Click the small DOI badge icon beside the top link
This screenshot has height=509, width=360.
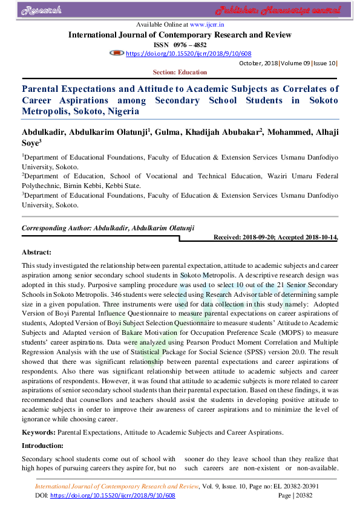click(116, 54)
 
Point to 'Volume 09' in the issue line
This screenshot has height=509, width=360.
click(294, 63)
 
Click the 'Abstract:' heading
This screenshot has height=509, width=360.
click(37, 252)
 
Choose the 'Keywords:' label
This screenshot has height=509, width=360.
click(39, 433)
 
